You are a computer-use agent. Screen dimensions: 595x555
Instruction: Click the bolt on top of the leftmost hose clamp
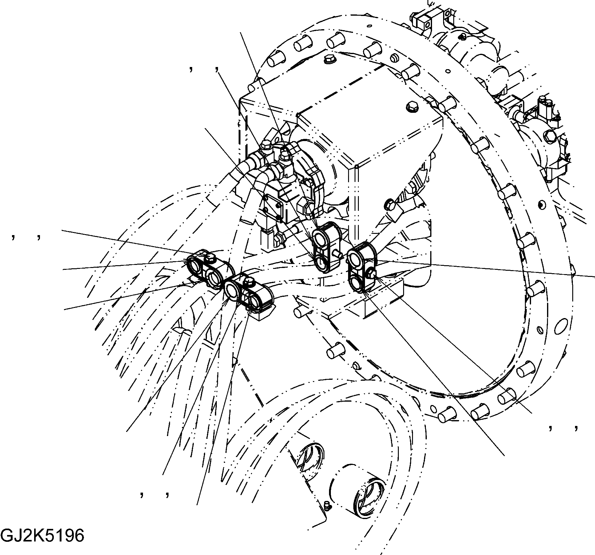[210, 257]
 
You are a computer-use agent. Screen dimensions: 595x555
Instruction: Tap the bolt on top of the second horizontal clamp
[248, 280]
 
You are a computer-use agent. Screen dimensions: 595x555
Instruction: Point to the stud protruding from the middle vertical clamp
[338, 254]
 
